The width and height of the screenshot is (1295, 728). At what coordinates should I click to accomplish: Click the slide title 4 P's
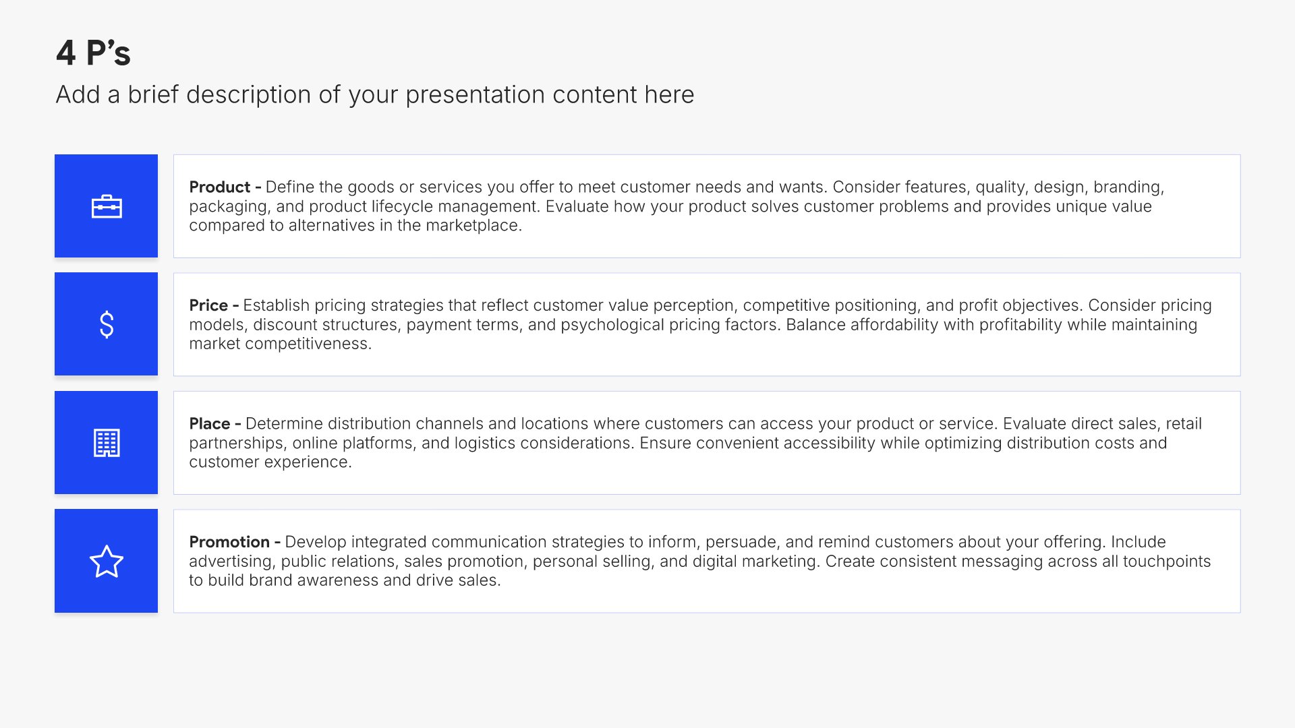(x=93, y=53)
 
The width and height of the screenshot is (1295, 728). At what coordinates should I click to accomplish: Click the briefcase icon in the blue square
(x=107, y=206)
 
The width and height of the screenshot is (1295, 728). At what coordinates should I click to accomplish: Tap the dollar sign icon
(x=107, y=324)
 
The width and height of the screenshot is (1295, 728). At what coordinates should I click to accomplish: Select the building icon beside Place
(x=107, y=443)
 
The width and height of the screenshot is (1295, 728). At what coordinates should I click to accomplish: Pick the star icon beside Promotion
(x=107, y=562)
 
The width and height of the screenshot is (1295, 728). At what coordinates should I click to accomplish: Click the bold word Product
(x=220, y=187)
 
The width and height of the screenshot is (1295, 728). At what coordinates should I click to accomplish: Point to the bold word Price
(x=208, y=305)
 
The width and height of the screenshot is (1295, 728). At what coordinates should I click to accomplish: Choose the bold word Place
(x=210, y=423)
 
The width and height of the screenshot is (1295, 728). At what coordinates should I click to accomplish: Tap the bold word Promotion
(x=229, y=542)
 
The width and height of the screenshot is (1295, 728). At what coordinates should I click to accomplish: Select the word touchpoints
(x=1167, y=562)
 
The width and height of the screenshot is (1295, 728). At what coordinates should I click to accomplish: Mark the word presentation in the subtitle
(x=476, y=95)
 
